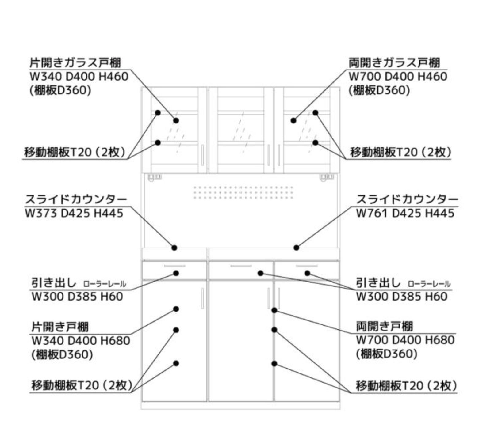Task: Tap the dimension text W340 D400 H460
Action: pyautogui.click(x=79, y=76)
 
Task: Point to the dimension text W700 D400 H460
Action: pyautogui.click(x=398, y=76)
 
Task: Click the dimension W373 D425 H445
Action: pyautogui.click(x=74, y=213)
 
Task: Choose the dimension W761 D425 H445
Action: pyautogui.click(x=405, y=213)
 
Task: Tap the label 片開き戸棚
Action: pyautogui.click(x=60, y=327)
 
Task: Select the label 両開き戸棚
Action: pyautogui.click(x=384, y=326)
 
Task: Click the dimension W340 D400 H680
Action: pyautogui.click(x=81, y=340)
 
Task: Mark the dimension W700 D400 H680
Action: pyautogui.click(x=405, y=340)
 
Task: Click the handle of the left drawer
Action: pyautogui.click(x=174, y=266)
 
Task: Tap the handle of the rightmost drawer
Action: pyautogui.click(x=307, y=266)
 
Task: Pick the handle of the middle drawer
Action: pyautogui.click(x=241, y=266)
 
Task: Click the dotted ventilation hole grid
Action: pyautogui.click(x=243, y=192)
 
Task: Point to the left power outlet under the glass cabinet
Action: pyautogui.click(x=154, y=177)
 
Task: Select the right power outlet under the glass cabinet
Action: pyautogui.click(x=327, y=177)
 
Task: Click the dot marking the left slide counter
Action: pyautogui.click(x=174, y=248)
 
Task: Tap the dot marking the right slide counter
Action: pyautogui.click(x=296, y=248)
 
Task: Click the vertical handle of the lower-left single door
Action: pyautogui.click(x=202, y=298)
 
